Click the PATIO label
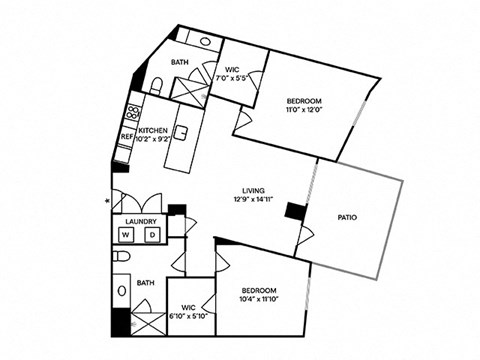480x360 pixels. (348, 217)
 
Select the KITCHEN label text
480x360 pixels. (153, 131)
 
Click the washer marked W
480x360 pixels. (127, 235)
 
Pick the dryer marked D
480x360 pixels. (152, 235)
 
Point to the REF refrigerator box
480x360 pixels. (128, 136)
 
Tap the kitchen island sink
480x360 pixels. (181, 132)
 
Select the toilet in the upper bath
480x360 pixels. (158, 83)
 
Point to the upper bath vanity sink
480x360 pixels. (205, 43)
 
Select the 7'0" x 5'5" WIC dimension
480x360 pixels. (237, 77)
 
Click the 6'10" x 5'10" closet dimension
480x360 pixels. (187, 317)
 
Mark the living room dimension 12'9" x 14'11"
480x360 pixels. (253, 201)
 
